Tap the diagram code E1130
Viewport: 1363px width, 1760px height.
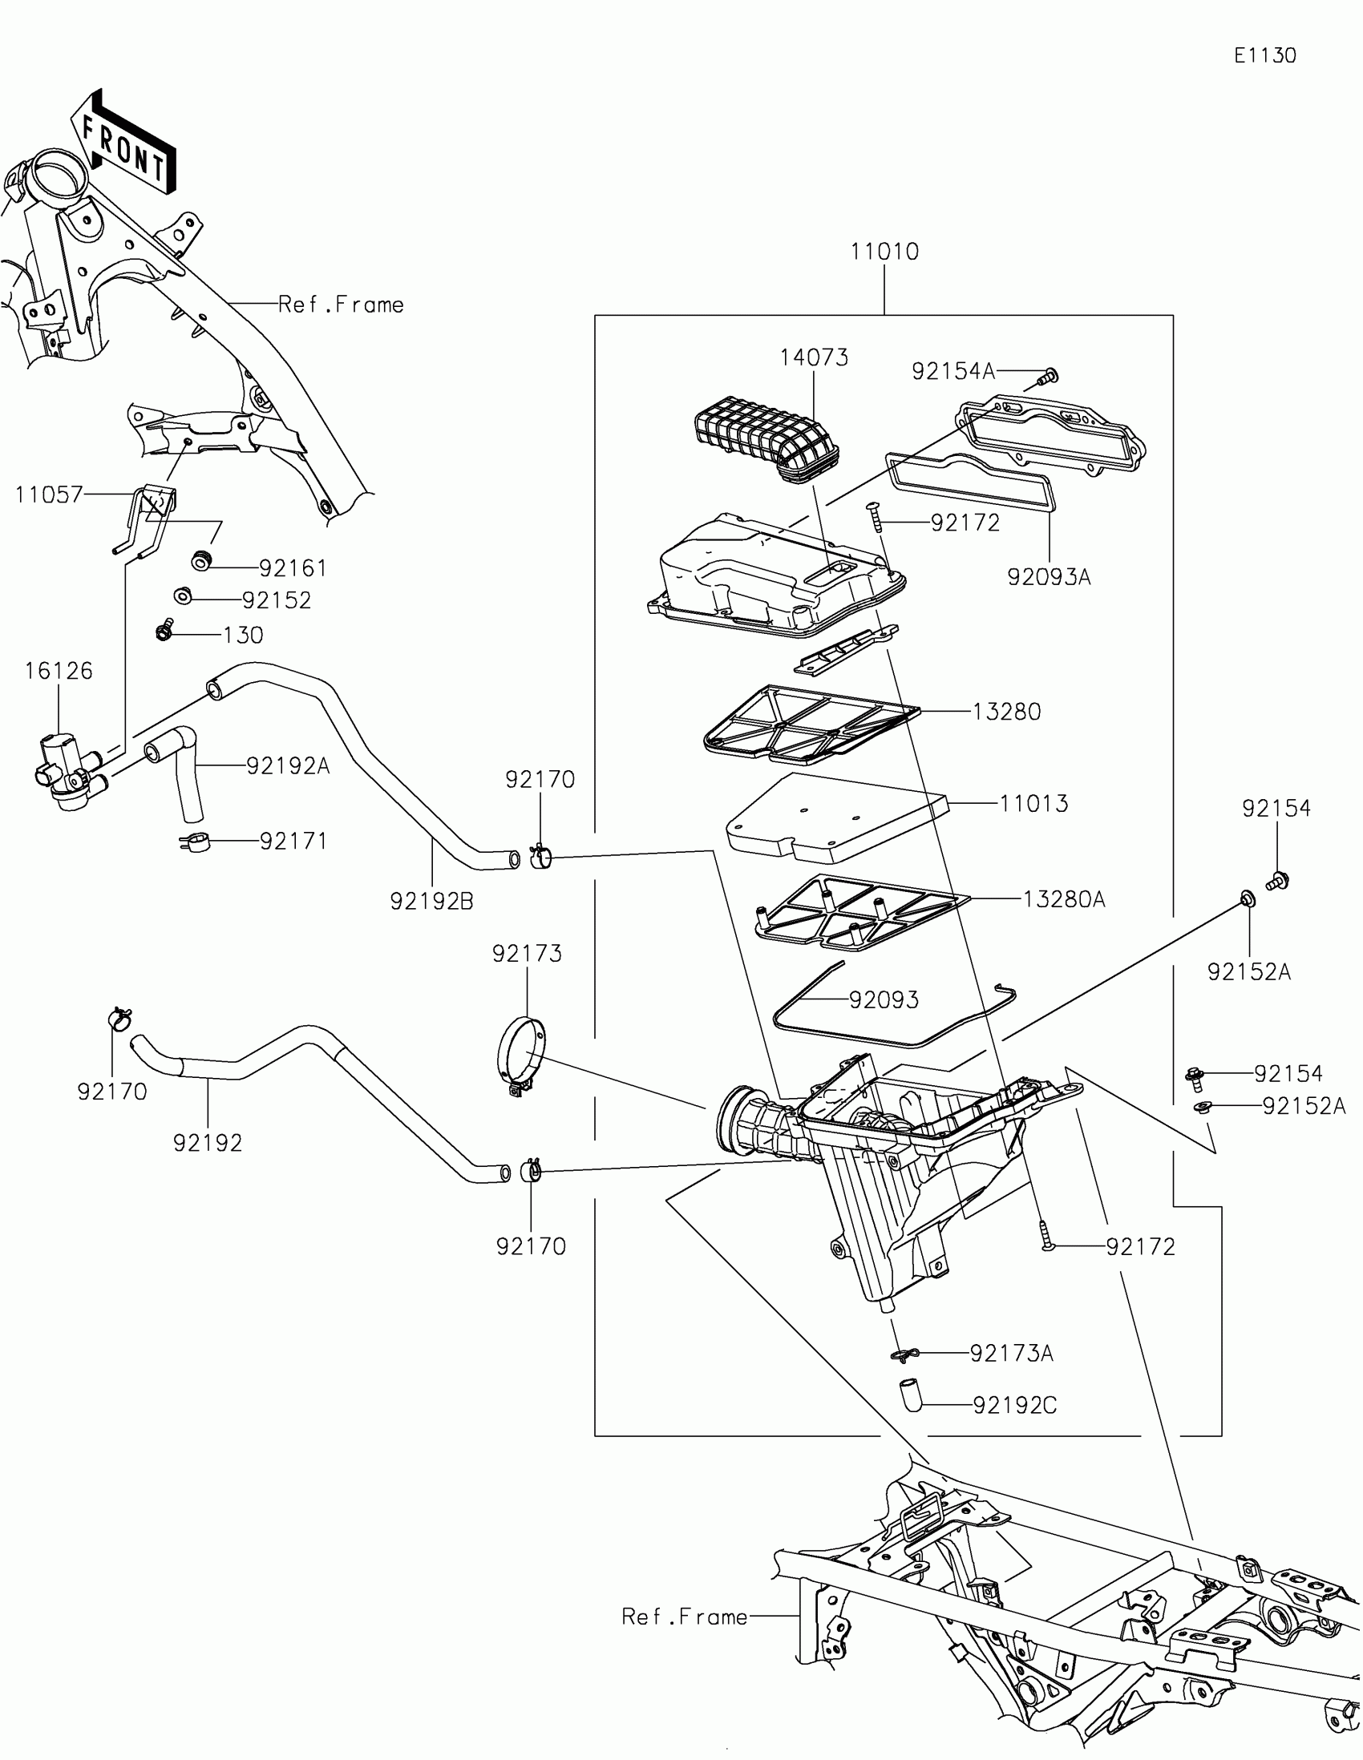[x=1264, y=55]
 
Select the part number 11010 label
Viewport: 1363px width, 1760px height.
[x=884, y=252]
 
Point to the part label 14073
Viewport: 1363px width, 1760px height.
[x=814, y=357]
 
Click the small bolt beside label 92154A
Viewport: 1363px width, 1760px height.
[x=1050, y=375]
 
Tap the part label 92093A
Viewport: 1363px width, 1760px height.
[x=1049, y=577]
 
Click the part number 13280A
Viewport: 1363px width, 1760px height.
[x=1064, y=899]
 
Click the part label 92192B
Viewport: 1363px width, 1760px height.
[x=431, y=902]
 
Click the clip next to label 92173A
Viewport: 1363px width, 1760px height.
[x=904, y=1354]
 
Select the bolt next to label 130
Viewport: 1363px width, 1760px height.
[x=164, y=630]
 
